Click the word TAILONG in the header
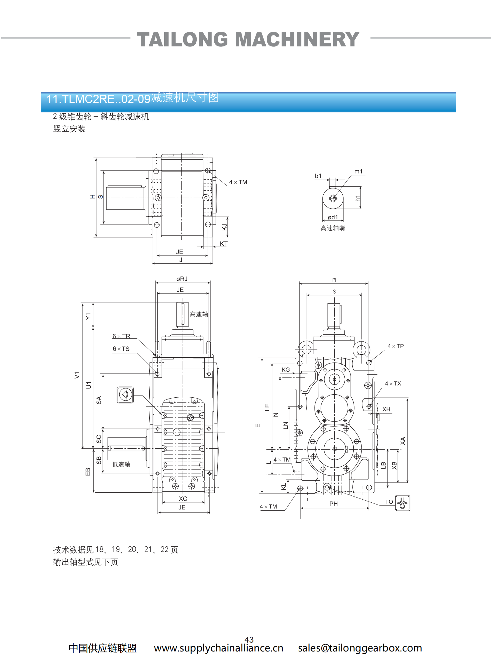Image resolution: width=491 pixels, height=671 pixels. point(182,40)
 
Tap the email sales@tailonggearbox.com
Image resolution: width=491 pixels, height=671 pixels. point(360,648)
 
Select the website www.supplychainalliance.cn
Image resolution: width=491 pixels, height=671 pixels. point(218,648)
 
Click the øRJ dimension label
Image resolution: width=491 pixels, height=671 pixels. point(182,279)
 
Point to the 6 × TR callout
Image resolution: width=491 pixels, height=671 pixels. point(121,336)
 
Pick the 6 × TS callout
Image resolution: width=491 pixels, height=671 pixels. point(121,349)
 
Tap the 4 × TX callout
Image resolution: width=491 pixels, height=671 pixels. point(393,384)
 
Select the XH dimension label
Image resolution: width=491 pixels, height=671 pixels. point(386,409)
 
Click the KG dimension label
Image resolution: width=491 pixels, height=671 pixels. point(286,370)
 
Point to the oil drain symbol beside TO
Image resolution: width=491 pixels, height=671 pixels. point(402,503)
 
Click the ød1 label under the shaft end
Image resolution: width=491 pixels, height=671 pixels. point(333,217)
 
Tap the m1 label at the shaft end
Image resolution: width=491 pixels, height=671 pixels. point(358,172)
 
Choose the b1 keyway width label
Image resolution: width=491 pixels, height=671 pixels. point(318,176)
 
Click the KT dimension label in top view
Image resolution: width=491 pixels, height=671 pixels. point(224,244)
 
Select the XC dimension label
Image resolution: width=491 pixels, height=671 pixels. point(183,499)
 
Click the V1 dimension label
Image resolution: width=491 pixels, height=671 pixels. point(77,375)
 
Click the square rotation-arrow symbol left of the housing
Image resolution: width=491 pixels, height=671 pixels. point(125,395)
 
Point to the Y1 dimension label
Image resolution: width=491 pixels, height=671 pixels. point(88,316)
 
